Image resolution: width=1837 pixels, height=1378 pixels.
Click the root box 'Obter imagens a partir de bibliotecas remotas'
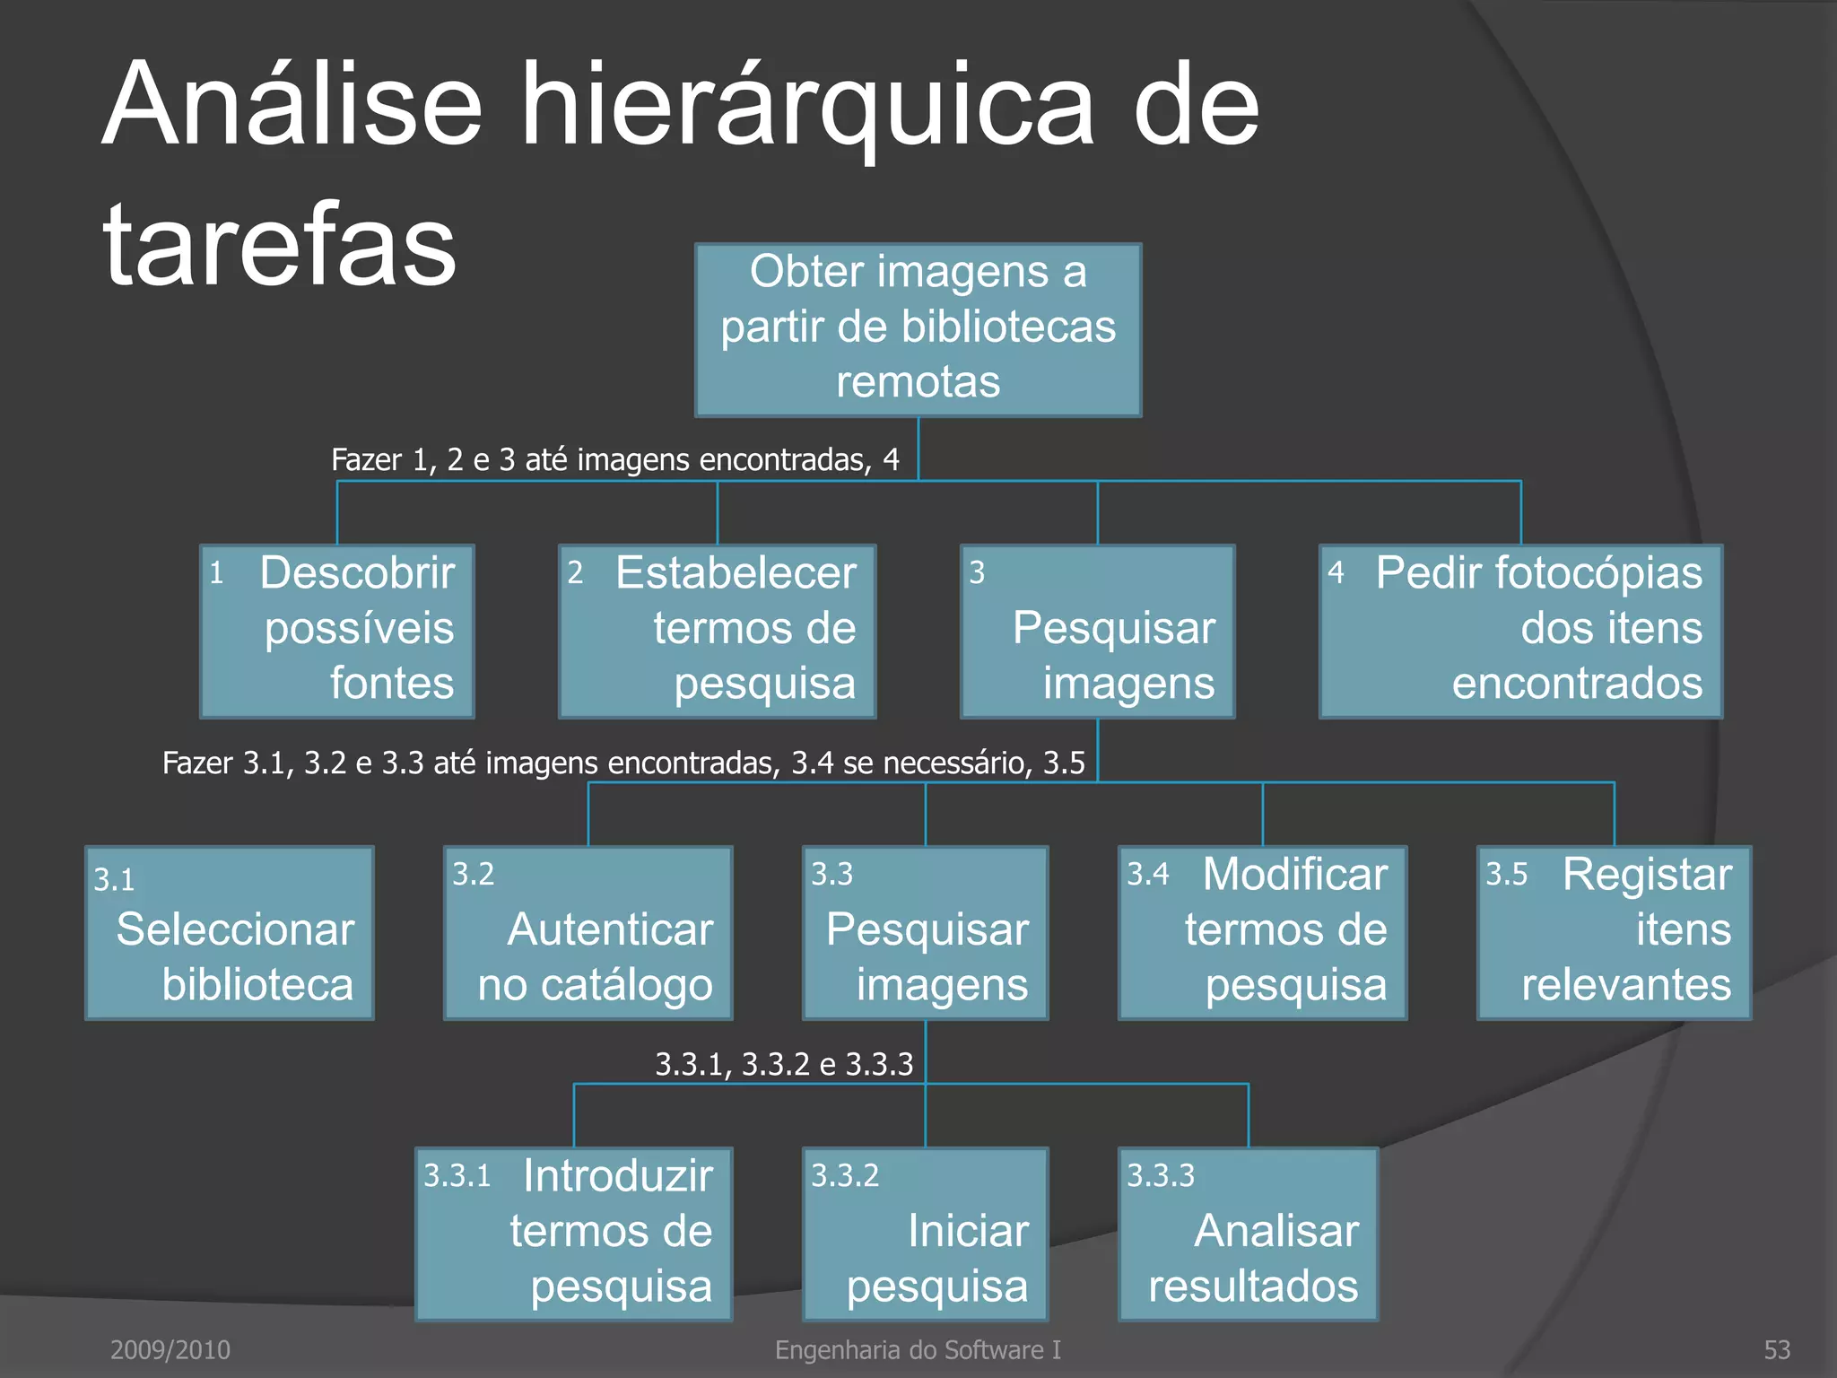[918, 329]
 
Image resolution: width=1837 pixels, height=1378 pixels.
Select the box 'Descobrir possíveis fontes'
[337, 631]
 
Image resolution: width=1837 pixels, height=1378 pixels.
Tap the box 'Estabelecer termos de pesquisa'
[717, 631]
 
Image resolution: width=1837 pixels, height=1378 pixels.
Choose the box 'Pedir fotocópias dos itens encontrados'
[1520, 631]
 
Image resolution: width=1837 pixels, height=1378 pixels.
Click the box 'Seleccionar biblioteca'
[230, 933]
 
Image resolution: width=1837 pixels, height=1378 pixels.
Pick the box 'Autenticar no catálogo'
[588, 933]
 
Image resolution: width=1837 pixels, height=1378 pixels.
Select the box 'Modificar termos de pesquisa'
[1262, 933]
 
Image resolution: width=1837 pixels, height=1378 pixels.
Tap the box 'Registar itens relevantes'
[1614, 933]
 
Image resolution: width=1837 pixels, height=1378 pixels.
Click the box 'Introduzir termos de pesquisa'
[574, 1234]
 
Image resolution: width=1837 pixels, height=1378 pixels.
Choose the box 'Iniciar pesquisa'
[925, 1234]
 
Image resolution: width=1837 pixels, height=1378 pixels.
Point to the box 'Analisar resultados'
[1248, 1234]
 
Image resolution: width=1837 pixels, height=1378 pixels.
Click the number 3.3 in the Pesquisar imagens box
[831, 874]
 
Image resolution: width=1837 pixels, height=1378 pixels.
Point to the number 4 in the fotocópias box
[1336, 572]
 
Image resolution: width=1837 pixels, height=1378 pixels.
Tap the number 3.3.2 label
[845, 1175]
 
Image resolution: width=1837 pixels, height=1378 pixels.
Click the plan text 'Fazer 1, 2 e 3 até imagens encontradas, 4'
[615, 460]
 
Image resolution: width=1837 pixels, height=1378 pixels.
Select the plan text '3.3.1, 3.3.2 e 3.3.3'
[784, 1064]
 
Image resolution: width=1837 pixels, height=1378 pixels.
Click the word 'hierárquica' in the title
[807, 106]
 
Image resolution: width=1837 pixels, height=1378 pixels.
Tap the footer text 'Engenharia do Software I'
[918, 1349]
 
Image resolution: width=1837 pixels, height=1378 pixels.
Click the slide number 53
[1777, 1349]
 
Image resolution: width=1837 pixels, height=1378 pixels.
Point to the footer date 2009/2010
[170, 1349]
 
